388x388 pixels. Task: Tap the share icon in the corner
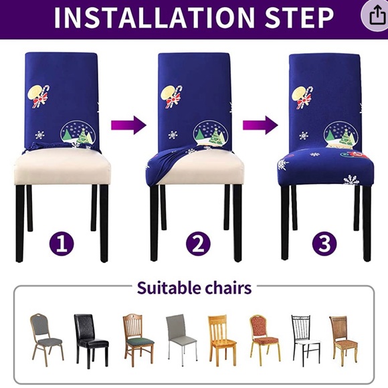[372, 16]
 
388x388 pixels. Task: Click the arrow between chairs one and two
[128, 124]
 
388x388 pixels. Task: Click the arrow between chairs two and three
[260, 124]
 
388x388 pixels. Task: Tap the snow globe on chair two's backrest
[209, 133]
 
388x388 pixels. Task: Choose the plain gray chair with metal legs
[181, 338]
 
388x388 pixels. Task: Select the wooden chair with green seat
[137, 338]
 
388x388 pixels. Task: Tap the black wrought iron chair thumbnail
[304, 338]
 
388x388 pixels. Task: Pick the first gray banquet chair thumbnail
[46, 338]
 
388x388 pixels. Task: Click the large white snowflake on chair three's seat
[351, 179]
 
